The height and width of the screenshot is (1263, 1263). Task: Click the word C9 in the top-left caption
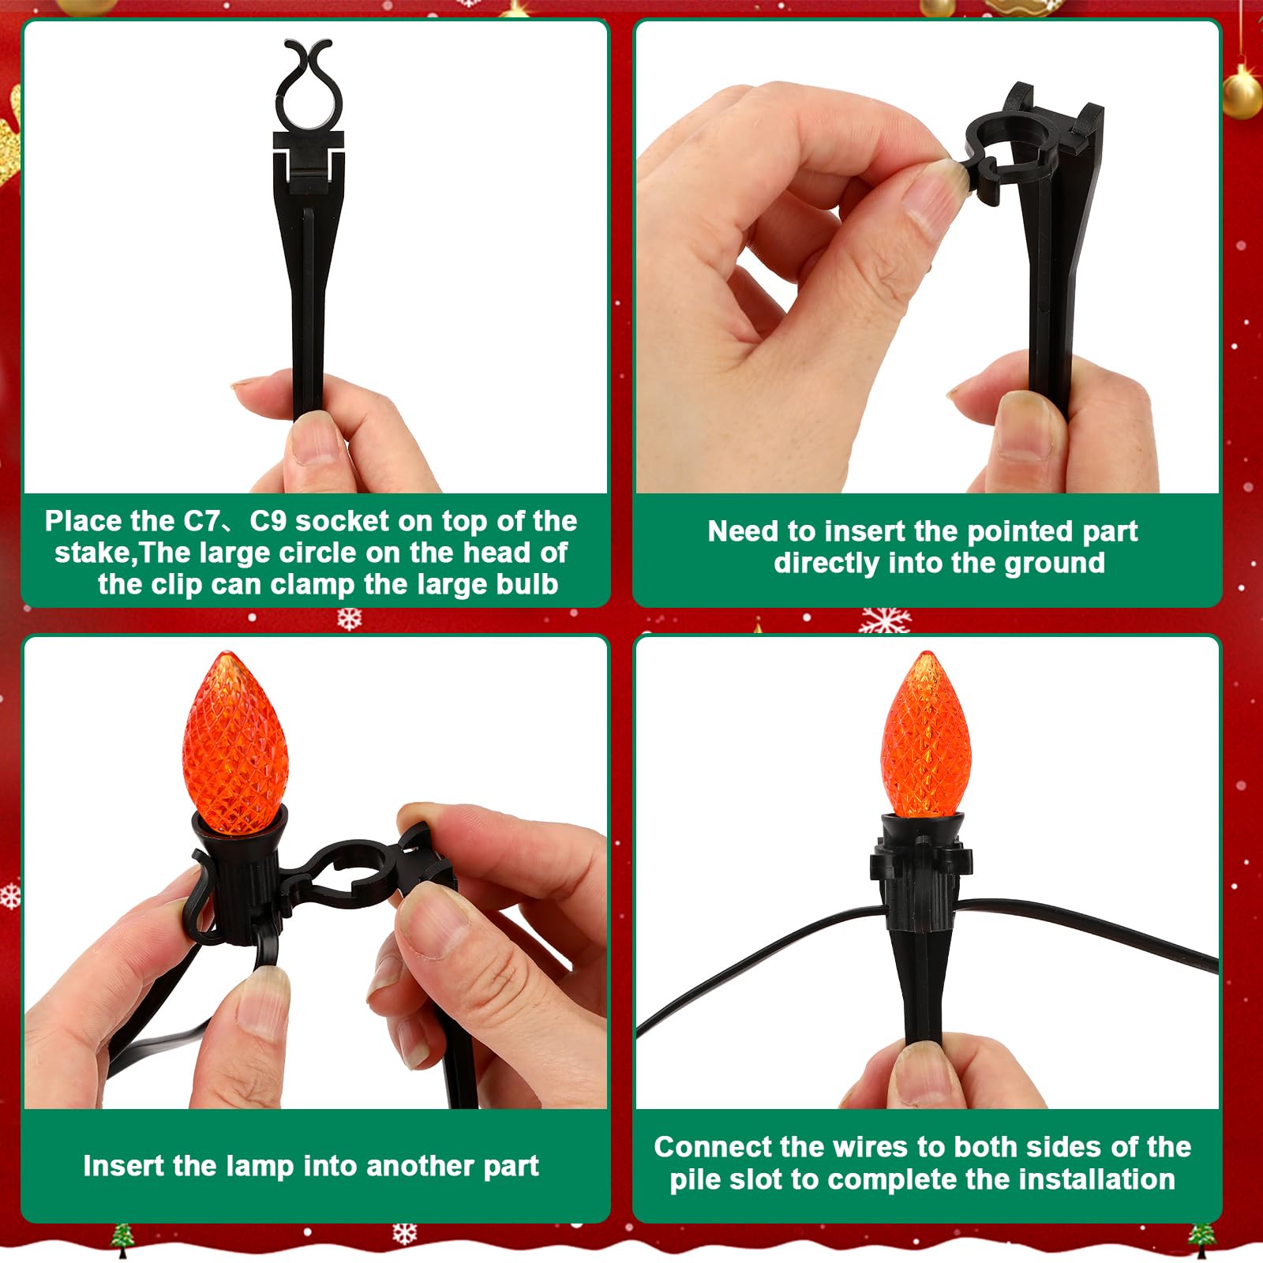pos(268,521)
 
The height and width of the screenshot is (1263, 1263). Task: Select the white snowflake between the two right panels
pos(885,621)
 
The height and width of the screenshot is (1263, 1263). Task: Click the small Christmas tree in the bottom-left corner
pos(121,1240)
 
